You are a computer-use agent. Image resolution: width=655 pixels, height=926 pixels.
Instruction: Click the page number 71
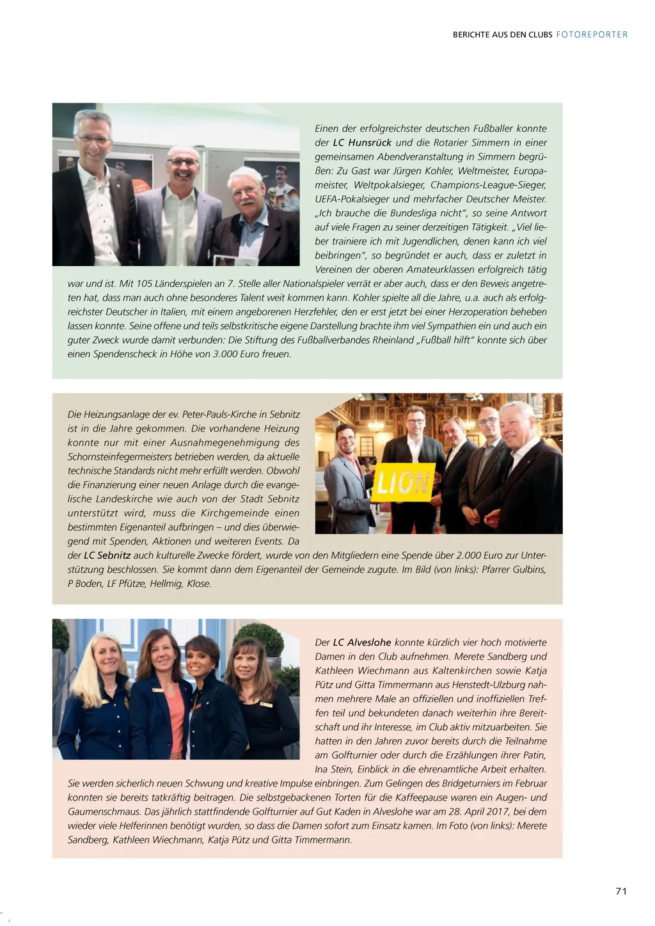(620, 891)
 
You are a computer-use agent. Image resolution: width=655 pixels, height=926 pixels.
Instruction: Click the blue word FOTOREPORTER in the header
(592, 35)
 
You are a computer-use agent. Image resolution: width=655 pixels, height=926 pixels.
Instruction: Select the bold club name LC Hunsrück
(362, 143)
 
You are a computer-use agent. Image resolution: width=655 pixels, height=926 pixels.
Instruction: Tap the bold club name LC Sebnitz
(107, 555)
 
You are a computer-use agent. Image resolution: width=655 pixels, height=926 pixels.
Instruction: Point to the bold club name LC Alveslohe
(362, 643)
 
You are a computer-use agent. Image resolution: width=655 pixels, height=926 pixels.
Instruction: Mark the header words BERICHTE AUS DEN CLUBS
(502, 35)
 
